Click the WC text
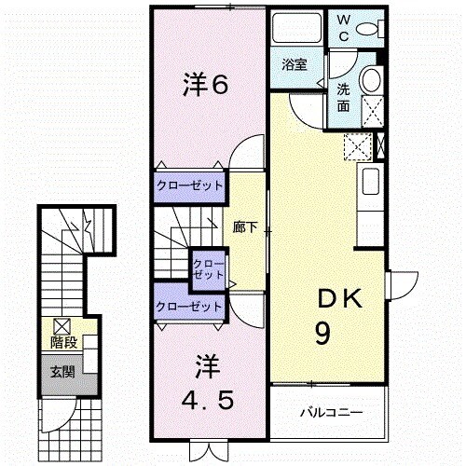[x=344, y=26]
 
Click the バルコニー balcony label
[x=330, y=411]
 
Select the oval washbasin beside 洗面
[x=371, y=81]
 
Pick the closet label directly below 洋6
[x=189, y=185]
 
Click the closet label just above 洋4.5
[x=189, y=306]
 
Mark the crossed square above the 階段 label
[x=62, y=326]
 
